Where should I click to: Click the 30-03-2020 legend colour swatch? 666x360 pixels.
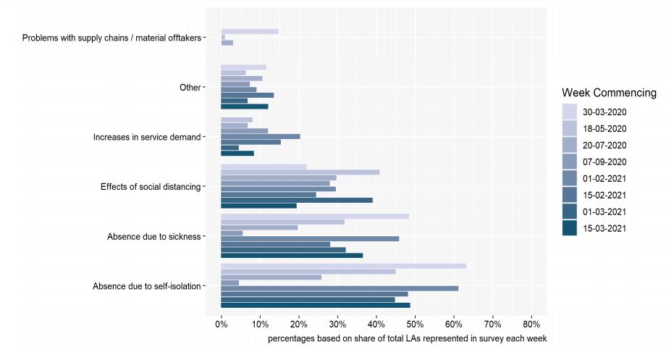[x=570, y=112]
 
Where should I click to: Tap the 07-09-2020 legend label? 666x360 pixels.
[x=604, y=162]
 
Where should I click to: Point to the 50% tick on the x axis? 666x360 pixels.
[x=415, y=317]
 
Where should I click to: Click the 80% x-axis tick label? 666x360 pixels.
[x=531, y=325]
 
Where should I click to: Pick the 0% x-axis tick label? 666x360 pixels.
[x=222, y=325]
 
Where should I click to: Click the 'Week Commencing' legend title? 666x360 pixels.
[x=609, y=93]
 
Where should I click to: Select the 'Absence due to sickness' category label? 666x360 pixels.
[x=153, y=236]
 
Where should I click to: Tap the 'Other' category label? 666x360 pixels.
[x=190, y=87]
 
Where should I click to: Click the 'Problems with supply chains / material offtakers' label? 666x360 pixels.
[x=111, y=38]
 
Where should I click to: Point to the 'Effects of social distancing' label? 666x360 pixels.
[x=151, y=187]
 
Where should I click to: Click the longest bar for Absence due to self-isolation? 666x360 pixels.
[x=344, y=266]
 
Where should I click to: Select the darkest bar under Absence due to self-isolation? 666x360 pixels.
[x=316, y=305]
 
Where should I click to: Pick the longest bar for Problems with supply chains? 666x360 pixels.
[x=250, y=31]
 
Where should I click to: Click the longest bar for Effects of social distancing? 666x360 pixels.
[x=300, y=172]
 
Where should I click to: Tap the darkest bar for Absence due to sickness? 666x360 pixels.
[x=292, y=256]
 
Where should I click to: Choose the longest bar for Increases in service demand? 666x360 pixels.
[x=261, y=136]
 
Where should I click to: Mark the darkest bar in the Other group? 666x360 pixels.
[x=245, y=106]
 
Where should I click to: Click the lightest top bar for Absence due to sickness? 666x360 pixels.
[x=315, y=217]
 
